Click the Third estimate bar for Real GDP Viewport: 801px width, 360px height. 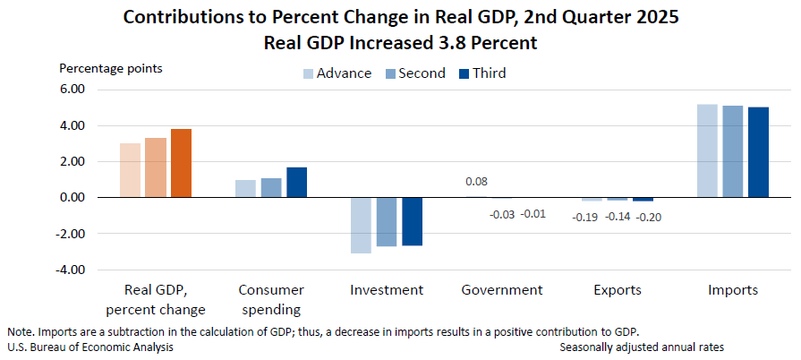182,163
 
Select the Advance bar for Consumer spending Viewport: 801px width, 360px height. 245,188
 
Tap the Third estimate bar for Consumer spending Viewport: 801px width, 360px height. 297,182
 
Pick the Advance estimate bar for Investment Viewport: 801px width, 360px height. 361,225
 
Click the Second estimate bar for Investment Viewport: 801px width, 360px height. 387,221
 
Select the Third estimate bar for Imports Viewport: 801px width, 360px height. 758,152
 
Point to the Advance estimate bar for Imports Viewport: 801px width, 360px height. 707,150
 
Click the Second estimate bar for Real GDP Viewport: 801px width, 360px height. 156,167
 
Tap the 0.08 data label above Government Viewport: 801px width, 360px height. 476,182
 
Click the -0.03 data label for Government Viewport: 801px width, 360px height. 502,214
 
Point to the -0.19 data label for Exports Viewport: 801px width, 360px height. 585,216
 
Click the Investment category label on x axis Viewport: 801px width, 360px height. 387,290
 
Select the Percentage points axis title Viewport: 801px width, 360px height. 111,68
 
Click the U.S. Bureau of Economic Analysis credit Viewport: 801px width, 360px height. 90,347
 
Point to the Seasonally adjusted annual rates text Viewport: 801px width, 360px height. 642,347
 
